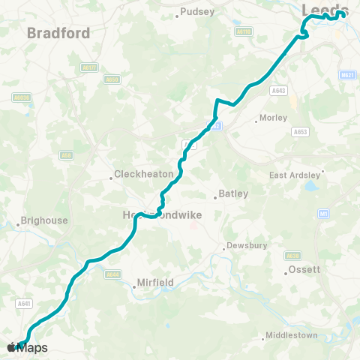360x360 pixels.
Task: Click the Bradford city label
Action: pyautogui.click(x=58, y=33)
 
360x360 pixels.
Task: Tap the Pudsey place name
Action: pyautogui.click(x=198, y=12)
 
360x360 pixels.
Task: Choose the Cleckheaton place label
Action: pyautogui.click(x=145, y=175)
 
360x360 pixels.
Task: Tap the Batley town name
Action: pyautogui.click(x=234, y=194)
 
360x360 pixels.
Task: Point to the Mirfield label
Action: pyautogui.click(x=157, y=283)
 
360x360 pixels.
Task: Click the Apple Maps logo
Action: pyautogui.click(x=28, y=347)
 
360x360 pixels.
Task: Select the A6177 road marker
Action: pyautogui.click(x=88, y=67)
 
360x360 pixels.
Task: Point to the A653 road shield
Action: pyautogui.click(x=300, y=131)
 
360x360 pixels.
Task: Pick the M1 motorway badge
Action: pyautogui.click(x=323, y=214)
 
